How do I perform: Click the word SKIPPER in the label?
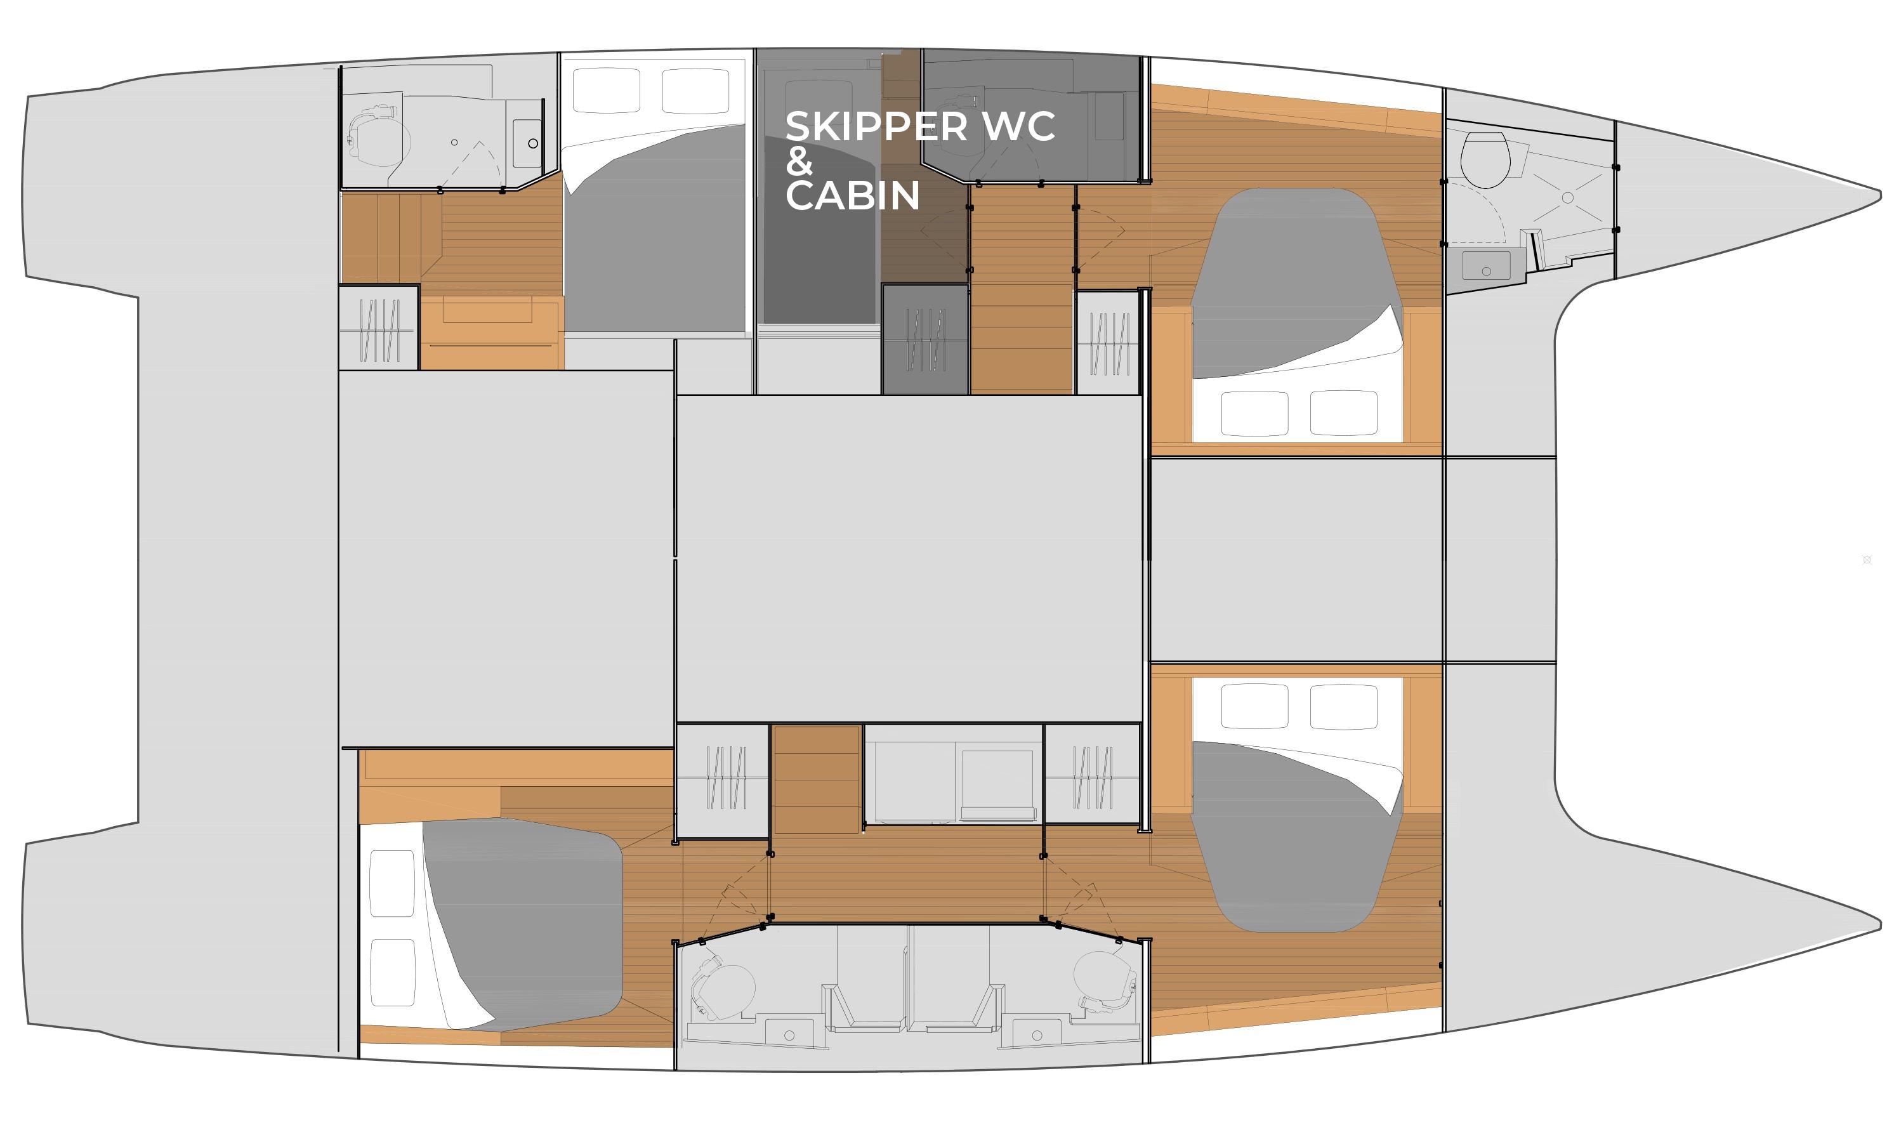[x=875, y=126]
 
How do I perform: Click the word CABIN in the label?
[x=852, y=196]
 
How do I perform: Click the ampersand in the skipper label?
[x=799, y=161]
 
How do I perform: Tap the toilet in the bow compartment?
[x=1483, y=159]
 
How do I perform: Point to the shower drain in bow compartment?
[x=1567, y=198]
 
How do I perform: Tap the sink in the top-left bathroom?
[x=529, y=143]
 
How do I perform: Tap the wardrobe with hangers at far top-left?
[x=379, y=329]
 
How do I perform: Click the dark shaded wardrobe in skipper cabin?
[x=924, y=339]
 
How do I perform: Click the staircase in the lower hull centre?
[x=815, y=779]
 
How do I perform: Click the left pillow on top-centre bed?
[x=606, y=90]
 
